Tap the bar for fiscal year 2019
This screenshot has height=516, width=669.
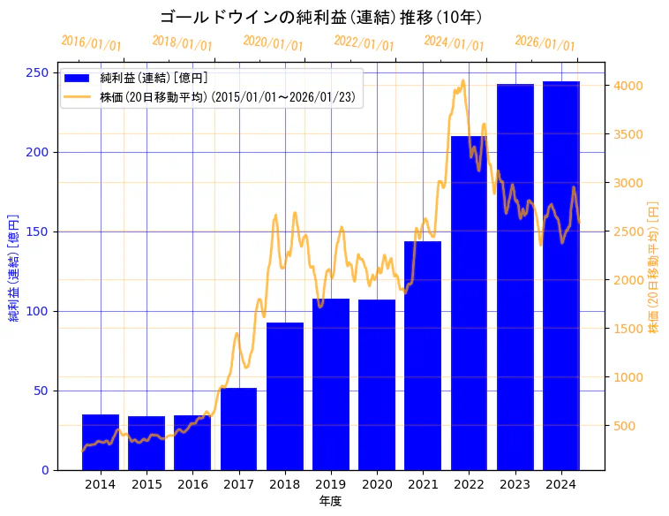(331, 384)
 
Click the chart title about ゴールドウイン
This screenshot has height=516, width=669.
(321, 18)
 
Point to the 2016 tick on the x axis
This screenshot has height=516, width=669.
(192, 484)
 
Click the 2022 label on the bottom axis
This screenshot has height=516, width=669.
(469, 484)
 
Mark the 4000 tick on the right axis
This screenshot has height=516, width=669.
(628, 86)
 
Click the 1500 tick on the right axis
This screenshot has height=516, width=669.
(628, 329)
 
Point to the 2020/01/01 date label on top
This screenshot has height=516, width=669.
(273, 43)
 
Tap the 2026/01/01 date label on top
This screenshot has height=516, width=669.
(545, 43)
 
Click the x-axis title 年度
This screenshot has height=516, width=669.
(331, 501)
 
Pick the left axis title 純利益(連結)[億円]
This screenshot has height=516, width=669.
(14, 267)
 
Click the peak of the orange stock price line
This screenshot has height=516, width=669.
(462, 80)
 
